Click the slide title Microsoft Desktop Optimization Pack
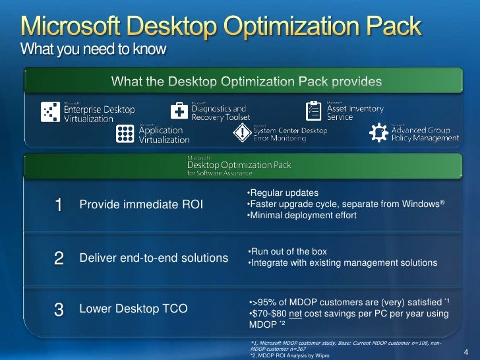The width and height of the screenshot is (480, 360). tap(221, 26)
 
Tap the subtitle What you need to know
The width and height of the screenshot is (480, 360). tap(94, 49)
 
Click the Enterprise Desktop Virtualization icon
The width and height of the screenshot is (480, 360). tap(50, 111)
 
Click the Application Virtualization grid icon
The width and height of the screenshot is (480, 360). tap(125, 134)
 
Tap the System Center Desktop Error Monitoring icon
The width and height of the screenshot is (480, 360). tap(242, 133)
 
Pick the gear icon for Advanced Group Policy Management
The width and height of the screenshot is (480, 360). tap(378, 133)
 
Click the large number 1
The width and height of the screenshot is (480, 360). tap(59, 205)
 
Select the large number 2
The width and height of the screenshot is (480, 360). tap(59, 258)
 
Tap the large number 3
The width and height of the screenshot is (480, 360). tap(59, 309)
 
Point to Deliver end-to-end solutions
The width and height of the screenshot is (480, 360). tap(154, 258)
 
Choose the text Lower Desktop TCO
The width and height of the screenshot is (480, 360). tap(133, 308)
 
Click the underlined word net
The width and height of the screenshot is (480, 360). tap(296, 314)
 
